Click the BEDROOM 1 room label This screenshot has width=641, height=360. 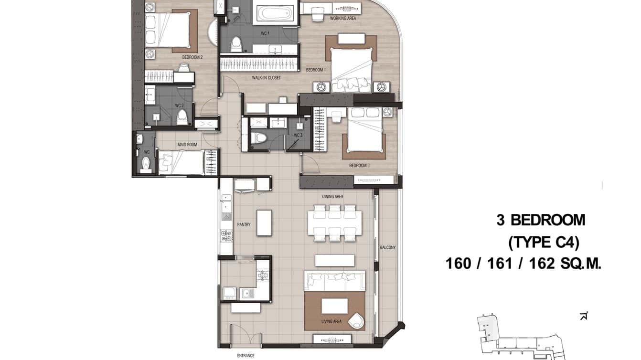point(316,70)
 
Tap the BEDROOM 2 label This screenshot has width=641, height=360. point(192,57)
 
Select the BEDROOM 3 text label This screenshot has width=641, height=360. point(359,166)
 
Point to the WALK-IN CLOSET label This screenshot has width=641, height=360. point(267,78)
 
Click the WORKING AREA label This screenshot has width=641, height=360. point(343,19)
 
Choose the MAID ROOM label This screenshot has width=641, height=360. point(187,144)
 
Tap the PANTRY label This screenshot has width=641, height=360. point(244,224)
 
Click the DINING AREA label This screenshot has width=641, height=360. point(332,197)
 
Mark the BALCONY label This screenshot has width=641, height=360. point(387,247)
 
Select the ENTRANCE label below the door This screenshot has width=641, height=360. point(246,355)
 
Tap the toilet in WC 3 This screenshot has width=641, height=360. point(258,138)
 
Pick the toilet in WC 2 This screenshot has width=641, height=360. point(182,116)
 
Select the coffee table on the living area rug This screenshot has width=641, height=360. point(334,306)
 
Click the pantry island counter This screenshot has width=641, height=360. point(264,222)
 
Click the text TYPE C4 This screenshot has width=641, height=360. point(544,243)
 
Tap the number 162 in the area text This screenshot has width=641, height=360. point(543,263)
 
